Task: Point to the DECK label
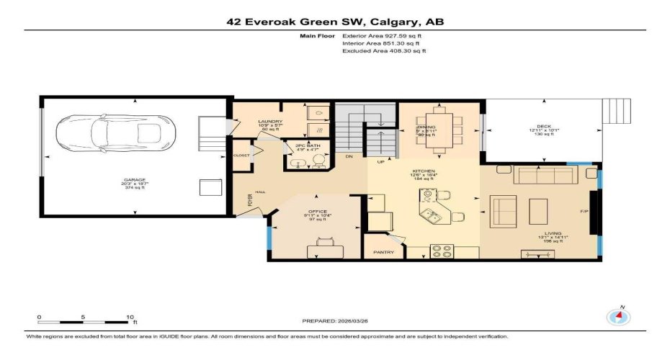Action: click(544, 126)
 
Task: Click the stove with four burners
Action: click(441, 251)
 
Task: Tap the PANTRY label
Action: click(383, 253)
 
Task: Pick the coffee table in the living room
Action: click(540, 211)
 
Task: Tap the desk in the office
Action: click(324, 251)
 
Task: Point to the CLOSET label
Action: click(241, 156)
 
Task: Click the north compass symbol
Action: click(619, 317)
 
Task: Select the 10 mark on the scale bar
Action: click(130, 317)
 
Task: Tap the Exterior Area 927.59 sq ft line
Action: click(384, 35)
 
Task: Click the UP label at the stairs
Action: click(381, 161)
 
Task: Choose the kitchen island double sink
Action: click(431, 215)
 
